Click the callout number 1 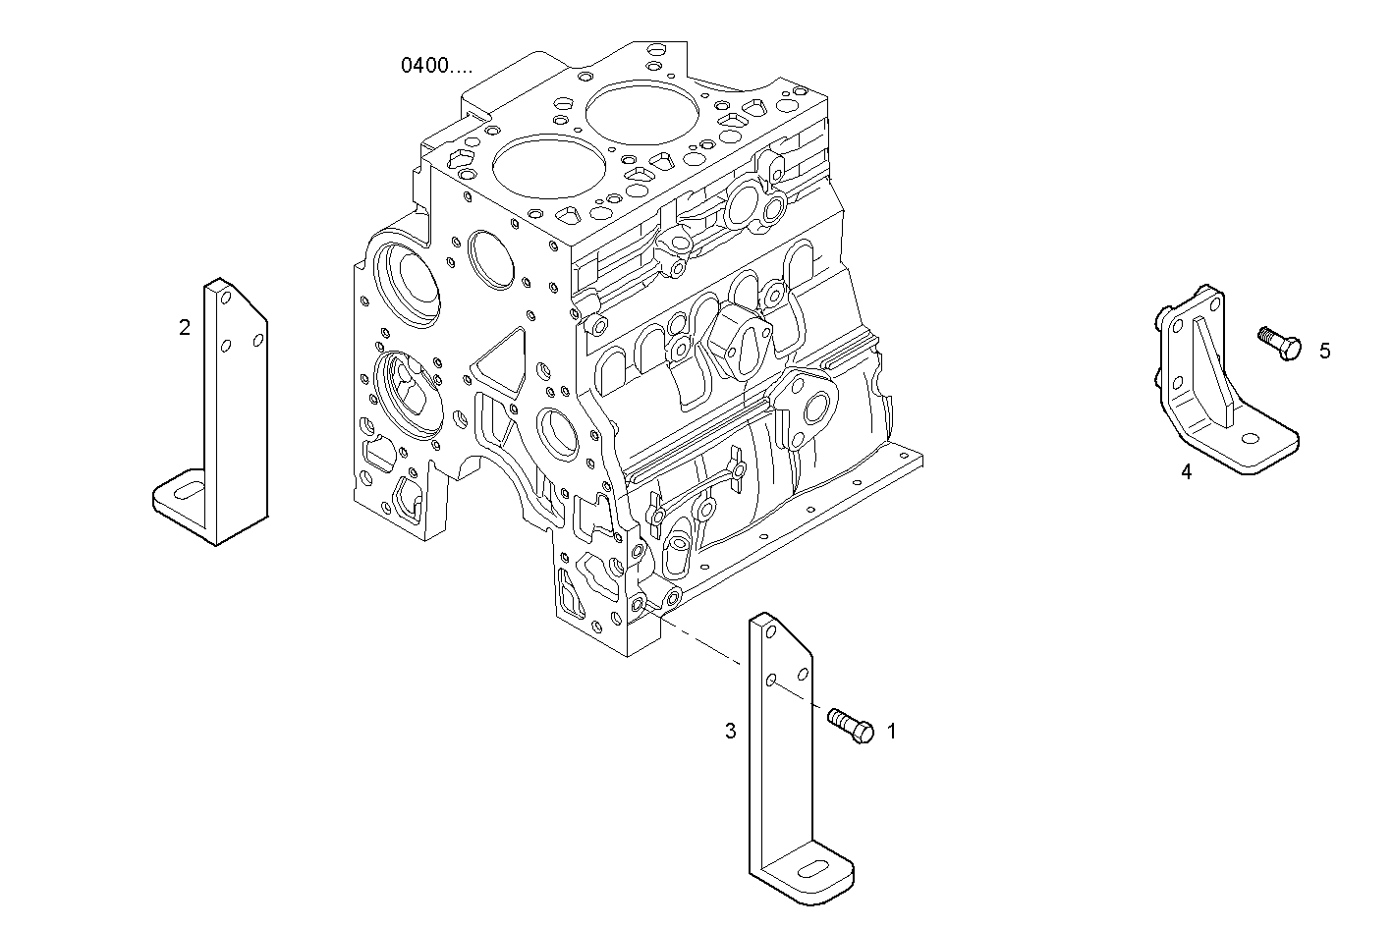[x=892, y=731]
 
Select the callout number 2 [x=185, y=328]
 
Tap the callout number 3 [x=730, y=731]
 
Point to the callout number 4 [x=1186, y=472]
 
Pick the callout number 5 [x=1324, y=351]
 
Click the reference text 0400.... [x=435, y=66]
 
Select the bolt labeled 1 [x=851, y=726]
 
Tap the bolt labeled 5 [x=1279, y=343]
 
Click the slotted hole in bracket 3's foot [x=815, y=866]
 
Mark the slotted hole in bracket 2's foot [x=189, y=488]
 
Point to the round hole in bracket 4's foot [x=1250, y=441]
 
